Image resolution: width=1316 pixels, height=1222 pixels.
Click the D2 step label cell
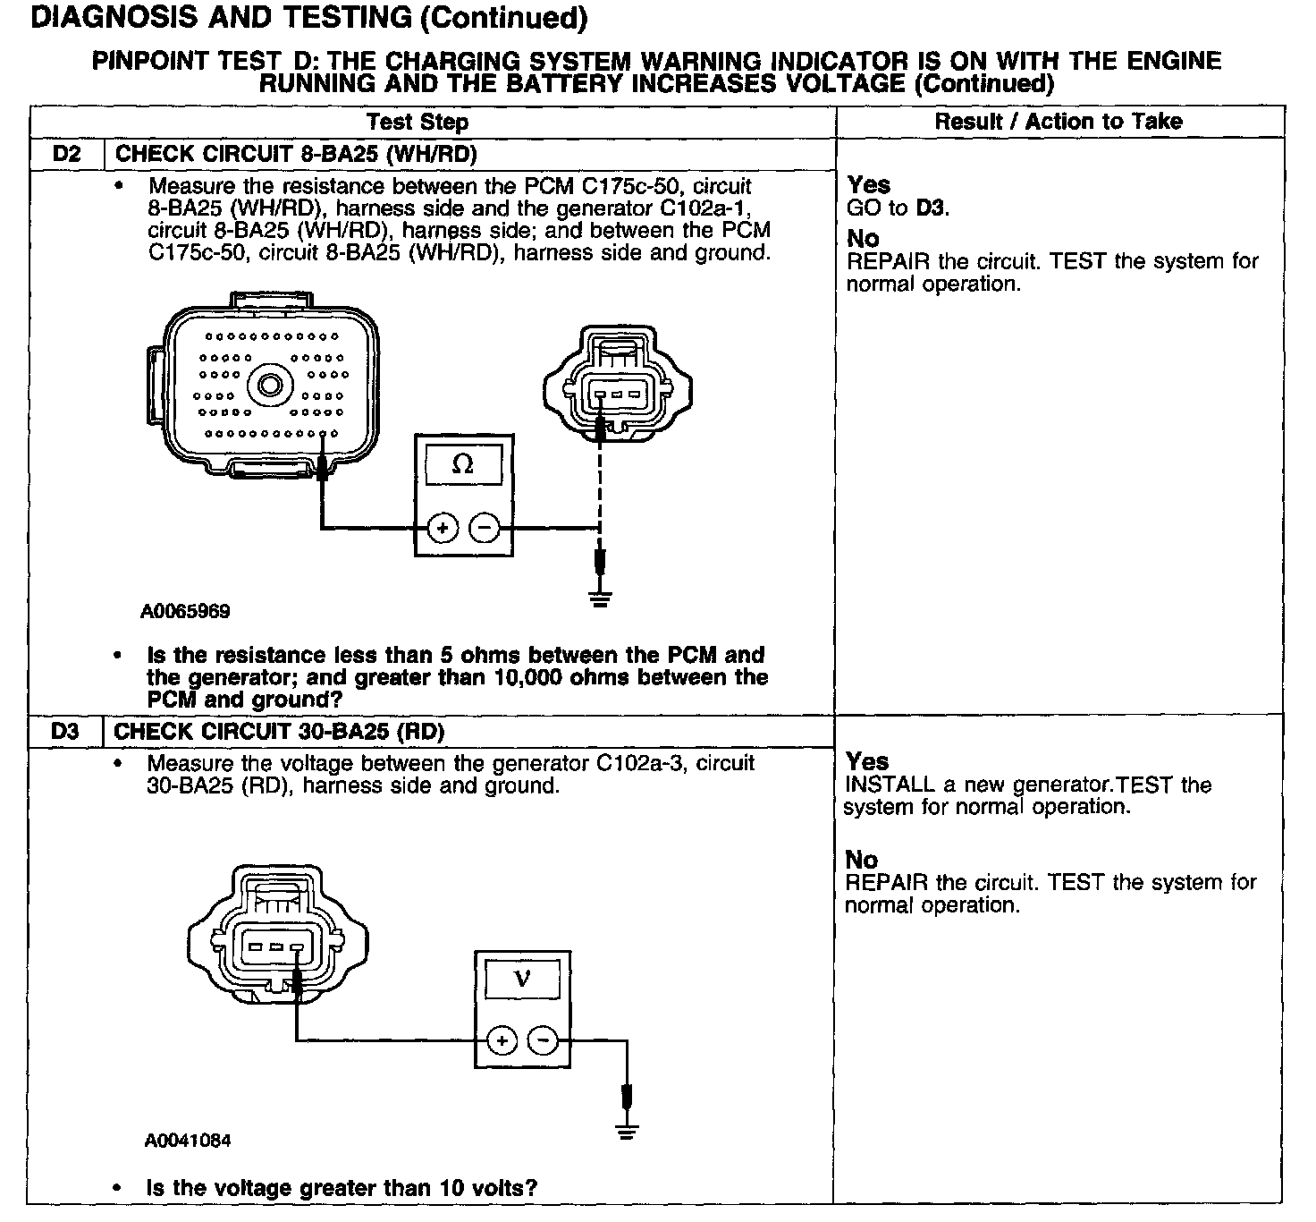[x=67, y=154]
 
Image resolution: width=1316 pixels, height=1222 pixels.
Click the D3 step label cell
[x=65, y=731]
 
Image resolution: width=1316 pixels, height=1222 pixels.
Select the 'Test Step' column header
[x=418, y=122]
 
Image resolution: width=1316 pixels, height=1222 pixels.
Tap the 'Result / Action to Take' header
[x=1059, y=122]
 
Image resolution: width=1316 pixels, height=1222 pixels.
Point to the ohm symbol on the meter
[x=463, y=464]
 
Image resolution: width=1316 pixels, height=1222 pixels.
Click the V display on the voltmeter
[x=523, y=979]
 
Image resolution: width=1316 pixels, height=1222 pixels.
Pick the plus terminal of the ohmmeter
[x=443, y=529]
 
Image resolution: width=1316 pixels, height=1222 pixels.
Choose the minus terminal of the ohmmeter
[x=485, y=529]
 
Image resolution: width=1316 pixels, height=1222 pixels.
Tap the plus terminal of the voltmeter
[x=502, y=1040]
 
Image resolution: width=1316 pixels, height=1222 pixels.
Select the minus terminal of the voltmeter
[x=543, y=1040]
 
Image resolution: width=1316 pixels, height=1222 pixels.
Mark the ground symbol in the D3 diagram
[x=628, y=1130]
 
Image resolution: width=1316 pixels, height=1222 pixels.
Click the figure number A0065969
[x=185, y=612]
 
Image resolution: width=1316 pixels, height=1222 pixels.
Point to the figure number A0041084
[x=188, y=1141]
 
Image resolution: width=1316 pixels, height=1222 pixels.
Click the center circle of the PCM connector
[x=269, y=386]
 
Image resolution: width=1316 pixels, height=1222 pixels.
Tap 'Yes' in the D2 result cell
[x=868, y=185]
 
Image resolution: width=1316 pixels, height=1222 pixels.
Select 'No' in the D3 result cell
[x=862, y=860]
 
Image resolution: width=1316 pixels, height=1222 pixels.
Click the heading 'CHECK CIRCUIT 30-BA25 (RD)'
[x=279, y=731]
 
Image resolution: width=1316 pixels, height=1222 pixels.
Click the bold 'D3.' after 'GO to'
[x=933, y=208]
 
